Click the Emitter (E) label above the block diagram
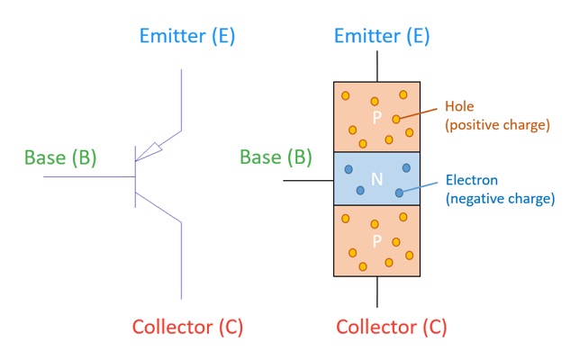pyautogui.click(x=382, y=36)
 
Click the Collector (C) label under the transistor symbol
pyautogui.click(x=187, y=326)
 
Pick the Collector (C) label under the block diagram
pyautogui.click(x=391, y=326)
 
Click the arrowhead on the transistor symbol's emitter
pyautogui.click(x=156, y=146)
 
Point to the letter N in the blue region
pyautogui.click(x=376, y=179)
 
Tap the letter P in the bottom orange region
pyautogui.click(x=376, y=241)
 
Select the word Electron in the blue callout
pyautogui.click(x=472, y=179)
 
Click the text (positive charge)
pyautogui.click(x=495, y=125)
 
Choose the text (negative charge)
pyautogui.click(x=500, y=198)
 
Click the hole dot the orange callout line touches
pyautogui.click(x=395, y=119)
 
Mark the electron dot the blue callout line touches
pyautogui.click(x=399, y=193)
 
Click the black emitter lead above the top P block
pyautogui.click(x=376, y=65)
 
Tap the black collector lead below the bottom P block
pyautogui.click(x=376, y=293)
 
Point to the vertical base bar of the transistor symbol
pyautogui.click(x=135, y=175)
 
